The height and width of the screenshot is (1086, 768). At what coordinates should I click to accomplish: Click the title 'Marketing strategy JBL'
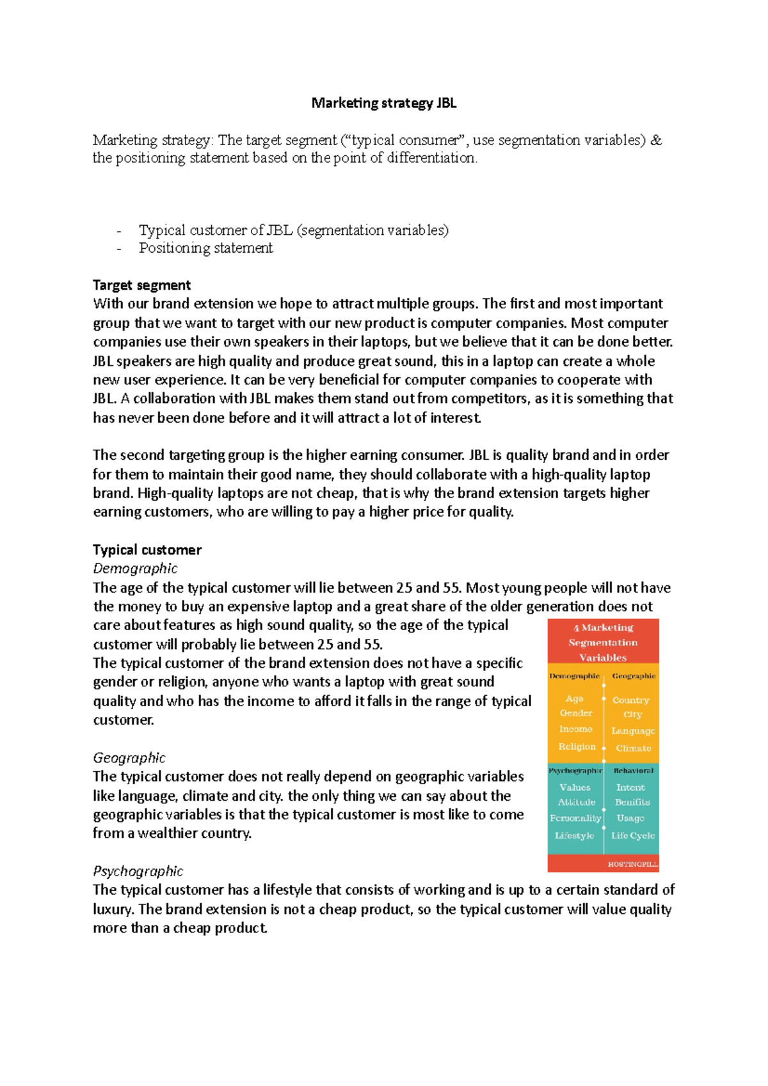tap(383, 103)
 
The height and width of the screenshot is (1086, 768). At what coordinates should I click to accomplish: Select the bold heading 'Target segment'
tap(141, 285)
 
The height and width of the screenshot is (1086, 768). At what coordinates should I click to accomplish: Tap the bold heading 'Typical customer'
tap(147, 550)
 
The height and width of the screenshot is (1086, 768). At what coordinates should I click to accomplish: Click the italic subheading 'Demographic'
tap(135, 569)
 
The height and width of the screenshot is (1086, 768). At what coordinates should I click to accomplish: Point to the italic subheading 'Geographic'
tap(129, 758)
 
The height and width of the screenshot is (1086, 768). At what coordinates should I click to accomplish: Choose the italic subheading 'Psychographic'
tap(138, 871)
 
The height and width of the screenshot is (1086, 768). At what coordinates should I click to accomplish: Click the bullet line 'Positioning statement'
tap(205, 248)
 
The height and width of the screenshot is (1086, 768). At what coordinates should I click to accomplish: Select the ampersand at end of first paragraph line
tap(656, 140)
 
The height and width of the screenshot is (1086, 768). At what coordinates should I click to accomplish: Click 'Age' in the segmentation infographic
tap(574, 698)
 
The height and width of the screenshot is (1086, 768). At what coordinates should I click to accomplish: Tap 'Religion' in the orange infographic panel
tap(577, 746)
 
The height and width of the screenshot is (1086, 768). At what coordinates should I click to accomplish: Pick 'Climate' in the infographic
tap(633, 748)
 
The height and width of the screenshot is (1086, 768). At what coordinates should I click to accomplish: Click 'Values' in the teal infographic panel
tap(575, 787)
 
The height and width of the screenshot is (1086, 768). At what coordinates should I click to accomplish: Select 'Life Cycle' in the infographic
tap(632, 835)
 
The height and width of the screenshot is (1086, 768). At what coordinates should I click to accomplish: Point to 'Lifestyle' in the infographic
tap(574, 835)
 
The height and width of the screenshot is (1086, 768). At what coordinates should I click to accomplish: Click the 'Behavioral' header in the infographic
tap(633, 771)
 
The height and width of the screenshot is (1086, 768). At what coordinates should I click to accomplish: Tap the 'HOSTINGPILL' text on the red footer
tap(632, 864)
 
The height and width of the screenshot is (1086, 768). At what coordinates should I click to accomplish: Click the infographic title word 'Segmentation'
tap(603, 642)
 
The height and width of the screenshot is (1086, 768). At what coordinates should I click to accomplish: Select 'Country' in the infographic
tap(630, 700)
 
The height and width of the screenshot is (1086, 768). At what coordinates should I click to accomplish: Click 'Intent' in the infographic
tap(630, 787)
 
